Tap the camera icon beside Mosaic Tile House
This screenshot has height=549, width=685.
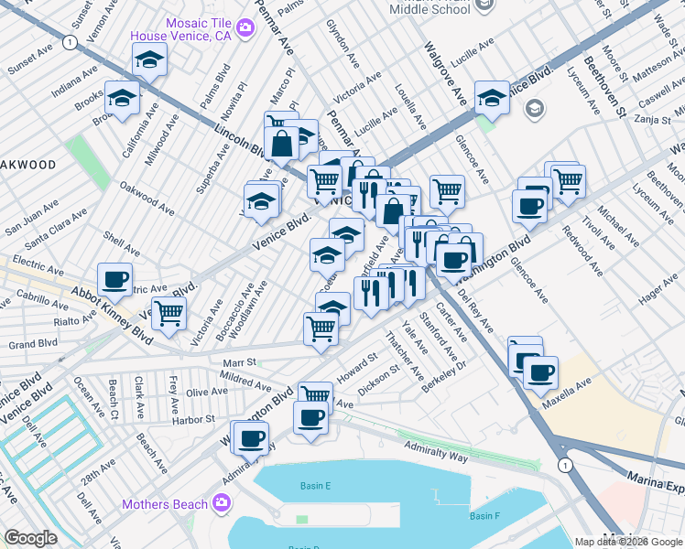click(244, 27)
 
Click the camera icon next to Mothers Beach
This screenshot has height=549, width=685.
click(221, 502)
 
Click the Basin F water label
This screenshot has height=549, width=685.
click(485, 517)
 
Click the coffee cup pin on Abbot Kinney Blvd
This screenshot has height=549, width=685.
click(114, 279)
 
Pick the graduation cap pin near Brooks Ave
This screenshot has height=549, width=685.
click(122, 98)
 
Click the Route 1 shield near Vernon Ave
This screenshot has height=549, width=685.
click(70, 41)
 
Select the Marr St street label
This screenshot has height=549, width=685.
click(238, 361)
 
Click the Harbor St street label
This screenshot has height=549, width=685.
click(196, 419)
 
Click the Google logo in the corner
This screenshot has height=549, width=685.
click(31, 538)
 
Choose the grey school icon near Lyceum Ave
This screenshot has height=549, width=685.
click(535, 109)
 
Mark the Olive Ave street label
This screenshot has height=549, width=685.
click(207, 392)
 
